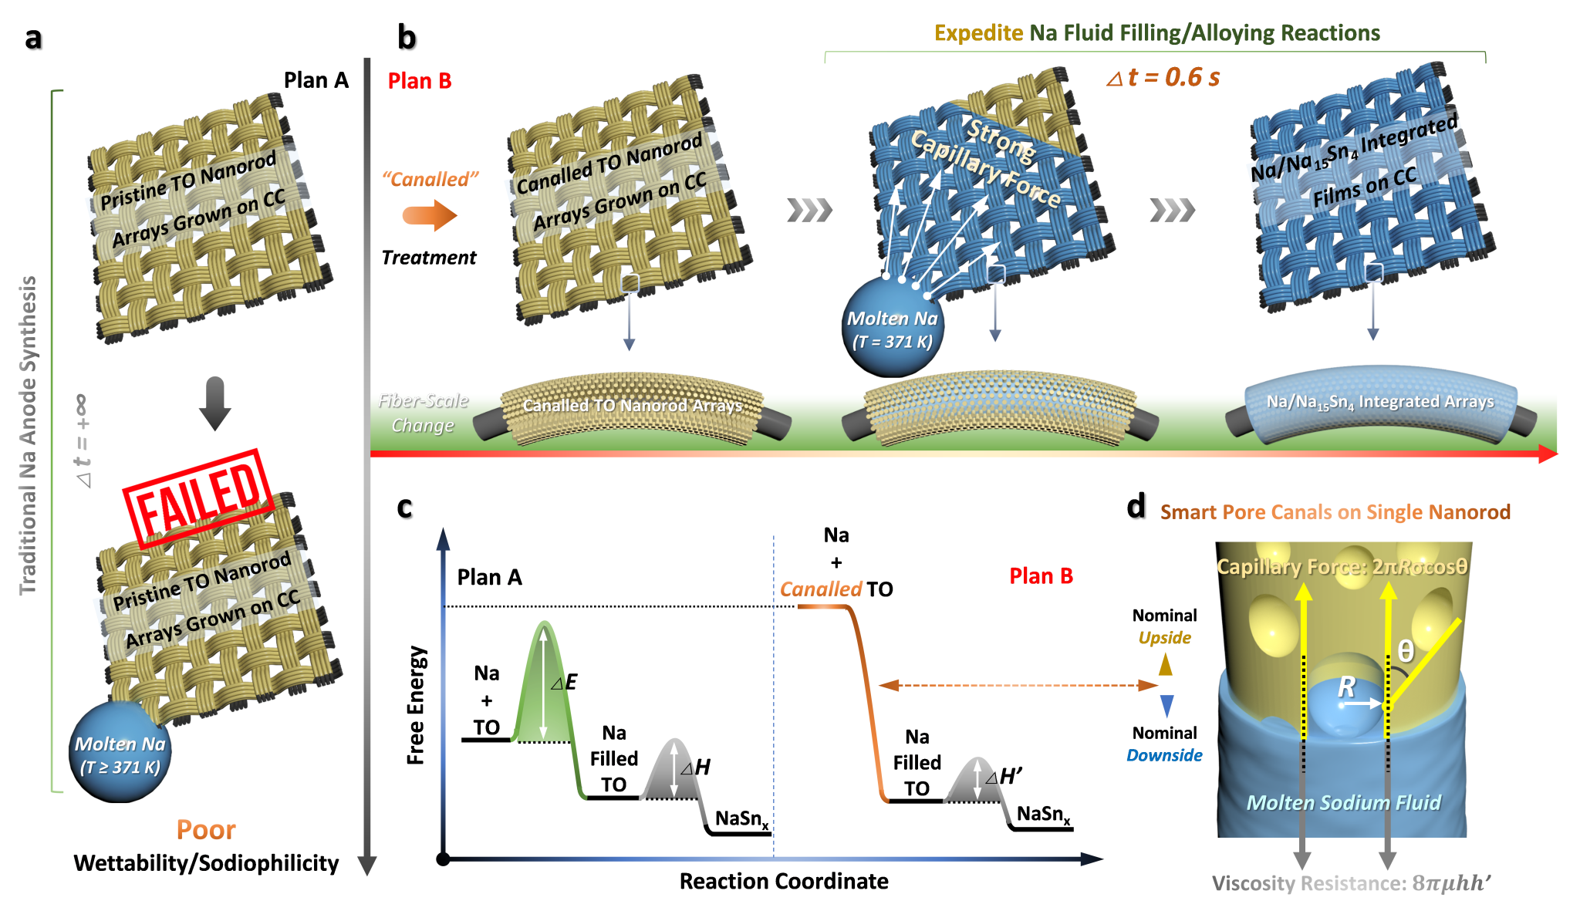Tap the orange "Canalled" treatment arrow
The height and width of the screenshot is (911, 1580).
pos(430,214)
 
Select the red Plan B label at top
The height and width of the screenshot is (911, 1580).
pos(419,81)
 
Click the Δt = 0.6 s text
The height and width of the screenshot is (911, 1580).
pos(1163,77)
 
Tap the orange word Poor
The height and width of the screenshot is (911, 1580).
pos(205,829)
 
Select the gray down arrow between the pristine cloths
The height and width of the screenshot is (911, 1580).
pos(214,403)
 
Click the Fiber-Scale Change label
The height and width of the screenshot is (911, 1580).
pos(423,413)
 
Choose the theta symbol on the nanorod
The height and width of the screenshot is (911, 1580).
pos(1406,652)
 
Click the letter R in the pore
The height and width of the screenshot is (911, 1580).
pos(1346,687)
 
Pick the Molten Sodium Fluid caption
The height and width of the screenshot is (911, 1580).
pos(1343,803)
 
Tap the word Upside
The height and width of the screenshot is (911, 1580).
pos(1164,638)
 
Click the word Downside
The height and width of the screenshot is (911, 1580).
pos(1163,755)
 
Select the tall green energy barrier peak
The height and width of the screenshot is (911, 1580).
pos(545,679)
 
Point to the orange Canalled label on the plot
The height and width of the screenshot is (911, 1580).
pos(821,589)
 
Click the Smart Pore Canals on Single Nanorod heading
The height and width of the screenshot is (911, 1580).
pos(1335,512)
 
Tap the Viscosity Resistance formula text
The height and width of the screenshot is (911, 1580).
pos(1350,883)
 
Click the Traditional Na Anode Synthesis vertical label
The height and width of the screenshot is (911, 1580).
pos(28,436)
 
